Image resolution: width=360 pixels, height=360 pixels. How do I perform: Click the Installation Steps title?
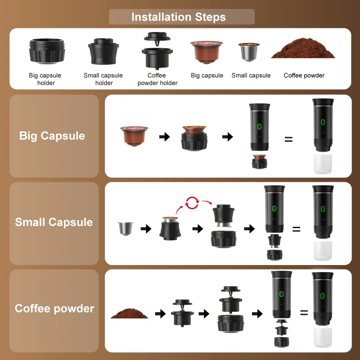coord(179,17)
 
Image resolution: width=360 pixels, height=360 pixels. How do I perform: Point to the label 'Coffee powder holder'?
coord(157,79)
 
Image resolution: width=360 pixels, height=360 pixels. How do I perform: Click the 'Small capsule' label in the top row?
coord(251,76)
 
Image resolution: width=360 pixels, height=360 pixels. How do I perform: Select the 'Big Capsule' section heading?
coord(52,136)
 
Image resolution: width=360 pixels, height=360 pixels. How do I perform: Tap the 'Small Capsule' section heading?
coord(54,222)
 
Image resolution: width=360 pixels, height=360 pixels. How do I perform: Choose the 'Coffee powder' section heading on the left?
coord(54,309)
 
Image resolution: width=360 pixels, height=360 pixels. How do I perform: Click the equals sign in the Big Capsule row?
coord(288,139)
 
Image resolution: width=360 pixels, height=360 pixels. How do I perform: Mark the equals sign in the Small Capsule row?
coord(296,229)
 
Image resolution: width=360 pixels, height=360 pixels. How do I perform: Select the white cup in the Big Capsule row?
coord(322,165)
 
